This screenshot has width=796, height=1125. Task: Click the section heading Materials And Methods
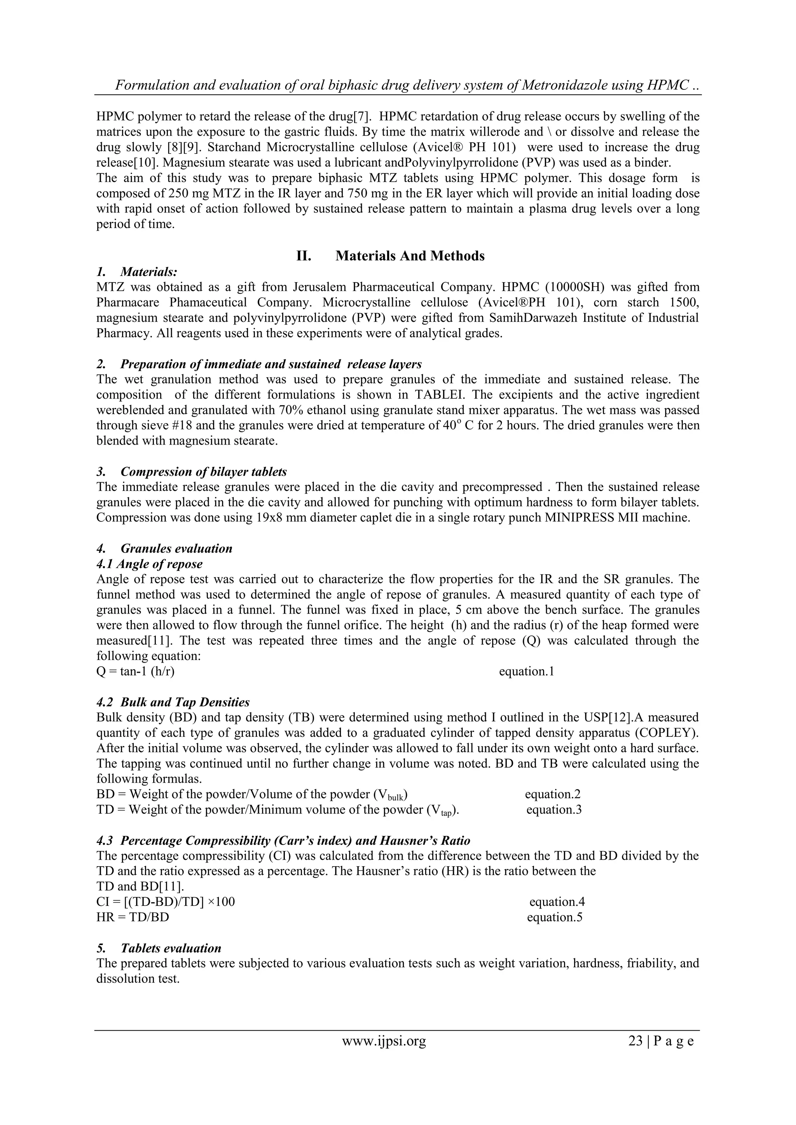click(410, 256)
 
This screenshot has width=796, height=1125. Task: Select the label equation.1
click(526, 671)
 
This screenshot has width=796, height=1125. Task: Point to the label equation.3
click(554, 809)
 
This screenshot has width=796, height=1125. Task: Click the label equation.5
click(554, 917)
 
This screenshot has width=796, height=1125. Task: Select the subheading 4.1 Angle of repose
click(150, 563)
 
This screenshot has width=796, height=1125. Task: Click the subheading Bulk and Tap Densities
click(185, 702)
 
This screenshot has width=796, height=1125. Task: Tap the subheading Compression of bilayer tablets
click(203, 472)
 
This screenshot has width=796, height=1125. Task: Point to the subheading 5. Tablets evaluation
click(159, 948)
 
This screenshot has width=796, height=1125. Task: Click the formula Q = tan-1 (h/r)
click(135, 671)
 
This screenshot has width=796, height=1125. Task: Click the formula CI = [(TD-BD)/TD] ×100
click(166, 902)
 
